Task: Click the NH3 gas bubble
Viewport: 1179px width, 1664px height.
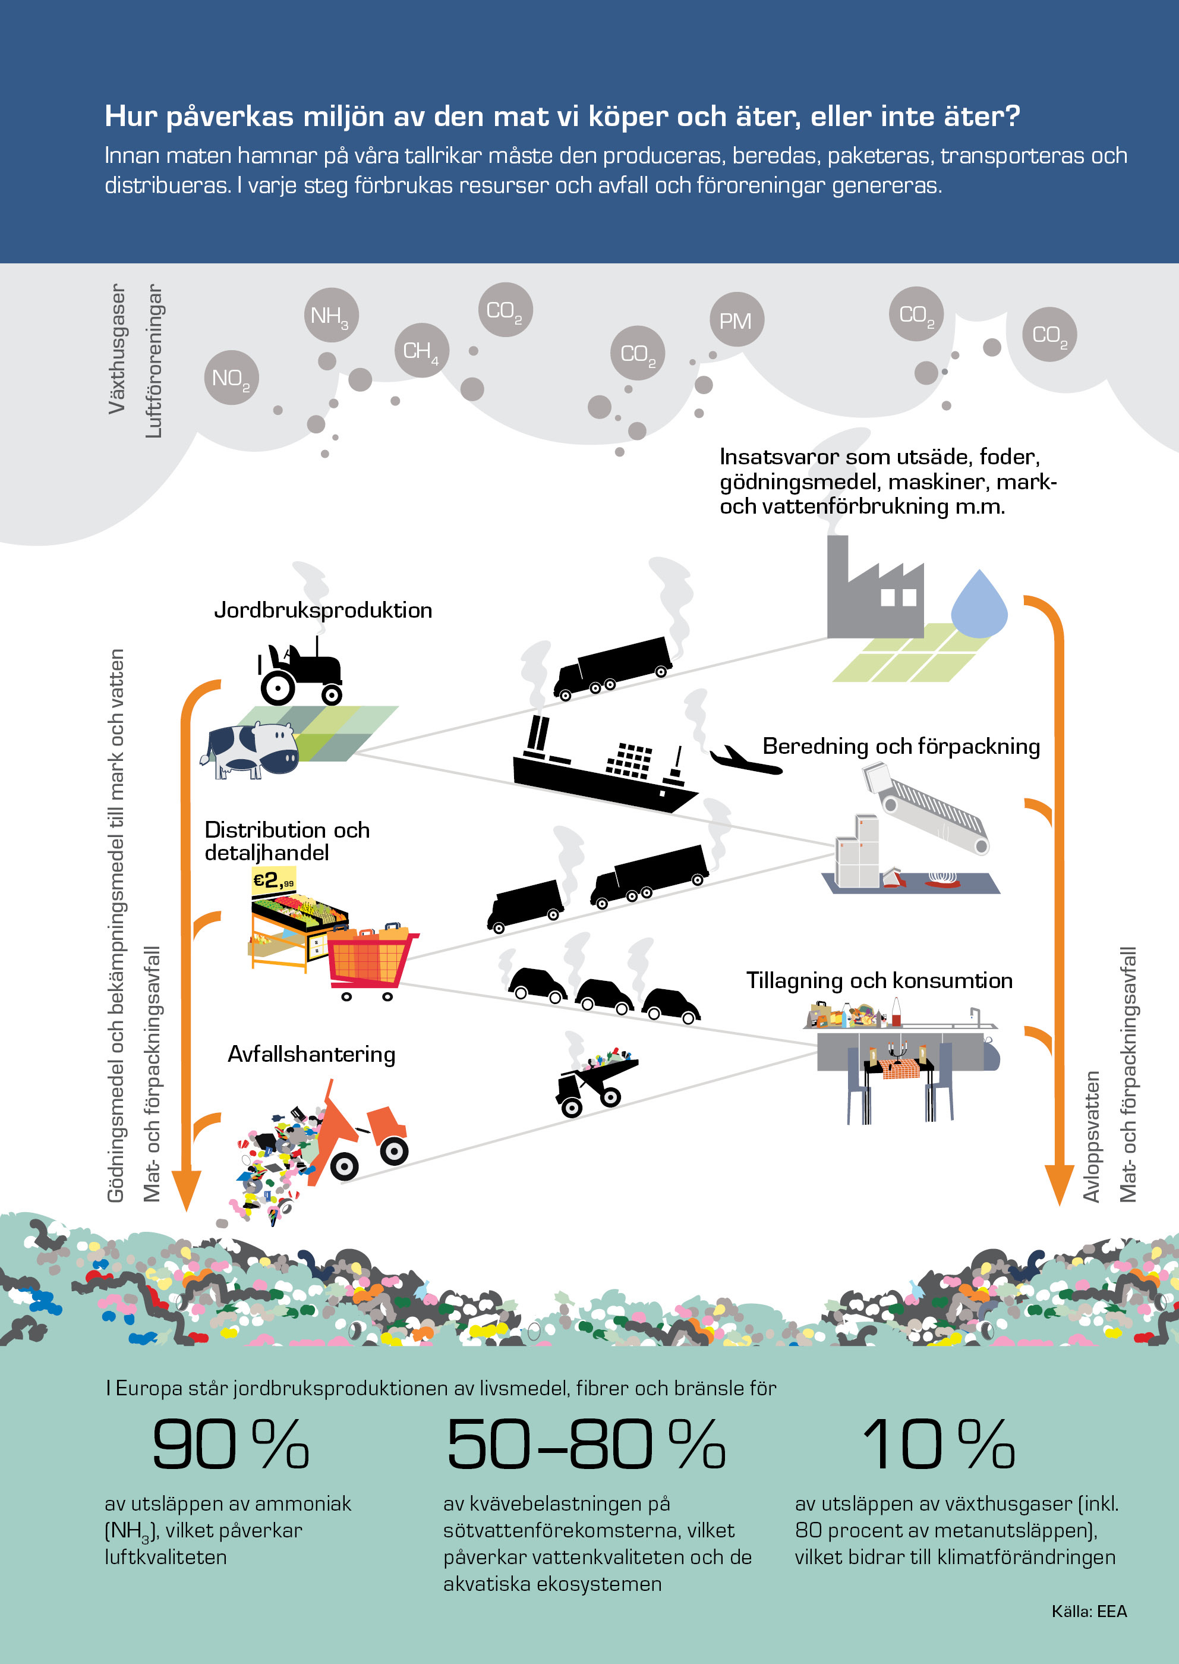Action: click(x=331, y=315)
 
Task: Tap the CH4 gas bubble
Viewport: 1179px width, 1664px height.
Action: click(x=421, y=350)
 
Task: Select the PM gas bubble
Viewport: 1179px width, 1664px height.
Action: click(x=736, y=320)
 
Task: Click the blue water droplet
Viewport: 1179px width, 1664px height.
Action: click(x=979, y=602)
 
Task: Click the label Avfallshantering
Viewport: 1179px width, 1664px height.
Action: click(x=311, y=1054)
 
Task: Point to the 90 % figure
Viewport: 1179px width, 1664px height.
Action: click(x=231, y=1445)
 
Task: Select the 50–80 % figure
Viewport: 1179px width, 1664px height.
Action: click(x=586, y=1445)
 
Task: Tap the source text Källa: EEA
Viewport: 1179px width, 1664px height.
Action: click(x=1089, y=1611)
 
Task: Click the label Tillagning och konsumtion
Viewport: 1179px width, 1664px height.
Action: click(x=879, y=980)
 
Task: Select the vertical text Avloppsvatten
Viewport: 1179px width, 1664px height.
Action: click(x=1092, y=1137)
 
